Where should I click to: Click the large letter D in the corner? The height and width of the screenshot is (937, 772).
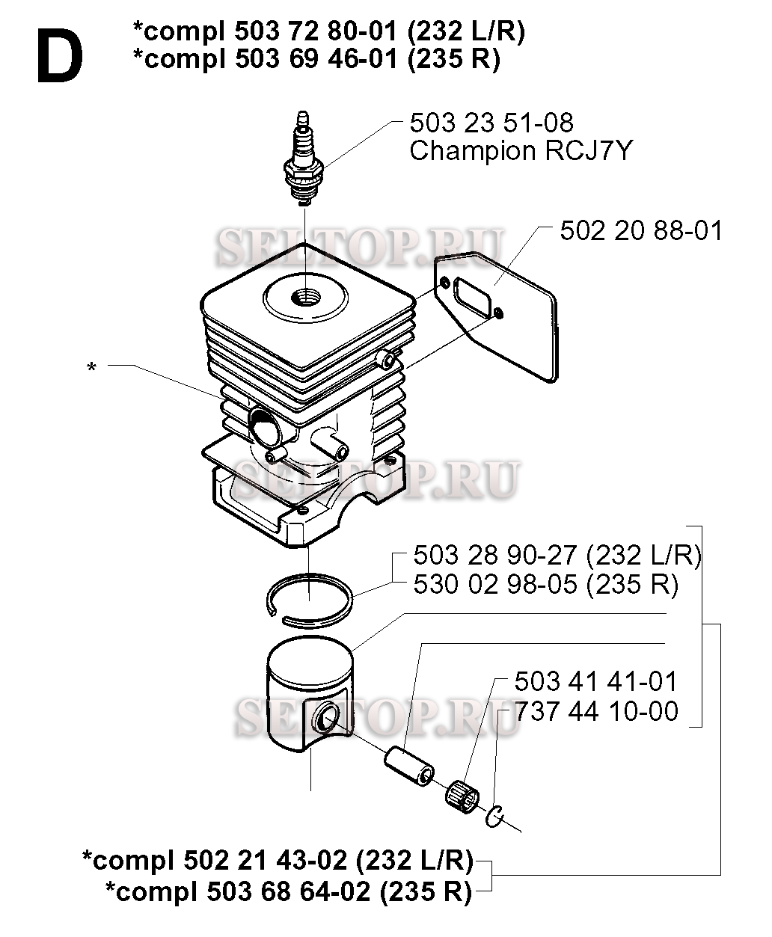[58, 57]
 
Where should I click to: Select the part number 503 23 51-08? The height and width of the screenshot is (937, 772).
[491, 123]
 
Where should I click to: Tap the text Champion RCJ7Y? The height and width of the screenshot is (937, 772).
[521, 151]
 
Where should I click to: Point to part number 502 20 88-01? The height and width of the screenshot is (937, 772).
[641, 230]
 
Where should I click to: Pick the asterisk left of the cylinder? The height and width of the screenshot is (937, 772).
[91, 368]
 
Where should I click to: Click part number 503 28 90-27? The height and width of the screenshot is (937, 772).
[496, 556]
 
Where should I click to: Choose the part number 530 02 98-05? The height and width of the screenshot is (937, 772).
[496, 585]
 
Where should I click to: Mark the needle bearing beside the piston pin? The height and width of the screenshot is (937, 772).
[464, 795]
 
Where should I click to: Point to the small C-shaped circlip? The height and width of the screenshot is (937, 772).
[494, 818]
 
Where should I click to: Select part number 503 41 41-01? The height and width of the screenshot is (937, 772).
[595, 681]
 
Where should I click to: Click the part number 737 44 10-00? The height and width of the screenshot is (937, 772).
[595, 711]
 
